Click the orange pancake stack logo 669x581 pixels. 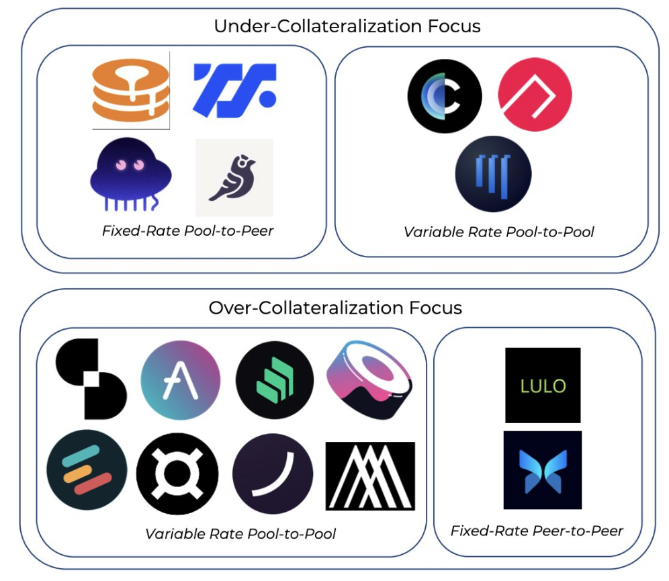(x=131, y=91)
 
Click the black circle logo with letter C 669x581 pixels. (x=445, y=96)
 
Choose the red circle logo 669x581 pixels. (x=535, y=94)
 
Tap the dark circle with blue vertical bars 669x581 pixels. (x=493, y=173)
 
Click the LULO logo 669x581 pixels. (x=543, y=385)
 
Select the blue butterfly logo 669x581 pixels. (x=543, y=470)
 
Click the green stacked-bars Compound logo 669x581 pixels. (x=275, y=380)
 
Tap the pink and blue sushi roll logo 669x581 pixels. (x=370, y=379)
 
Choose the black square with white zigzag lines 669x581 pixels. (x=370, y=476)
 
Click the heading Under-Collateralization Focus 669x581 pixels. (x=347, y=27)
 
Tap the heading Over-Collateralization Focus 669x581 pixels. (x=335, y=308)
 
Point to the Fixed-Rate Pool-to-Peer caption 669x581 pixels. (x=187, y=231)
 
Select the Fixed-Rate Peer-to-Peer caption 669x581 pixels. (x=537, y=531)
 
